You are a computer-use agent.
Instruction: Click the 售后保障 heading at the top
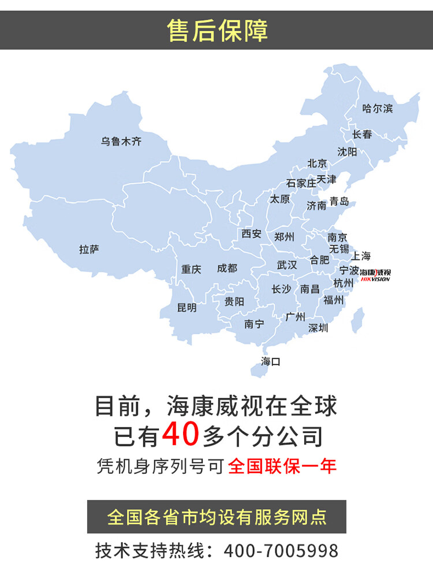pos(216,30)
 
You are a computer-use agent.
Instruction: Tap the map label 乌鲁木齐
pos(121,141)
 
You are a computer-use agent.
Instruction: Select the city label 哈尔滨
pos(377,108)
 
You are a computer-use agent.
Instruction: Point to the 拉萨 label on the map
pos(89,250)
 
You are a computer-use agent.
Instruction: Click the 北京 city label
pos(317,164)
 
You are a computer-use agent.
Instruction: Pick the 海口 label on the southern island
pos(270,362)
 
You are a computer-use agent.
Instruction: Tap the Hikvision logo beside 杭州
pos(375,275)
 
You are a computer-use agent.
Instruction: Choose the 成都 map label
pos(227,268)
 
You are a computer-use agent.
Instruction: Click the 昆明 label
pos(186,307)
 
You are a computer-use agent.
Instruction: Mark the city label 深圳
pos(318,328)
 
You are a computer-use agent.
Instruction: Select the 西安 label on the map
pos(251,233)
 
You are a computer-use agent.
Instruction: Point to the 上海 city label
pos(361,255)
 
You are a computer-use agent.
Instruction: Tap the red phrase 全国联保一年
pos(282,466)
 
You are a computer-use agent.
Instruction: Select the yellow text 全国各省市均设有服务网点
pos(216,516)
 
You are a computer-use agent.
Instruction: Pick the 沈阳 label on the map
pos(347,151)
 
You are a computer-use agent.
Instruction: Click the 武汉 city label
pos(287,265)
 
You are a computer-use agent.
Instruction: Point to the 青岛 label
pos(339,202)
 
